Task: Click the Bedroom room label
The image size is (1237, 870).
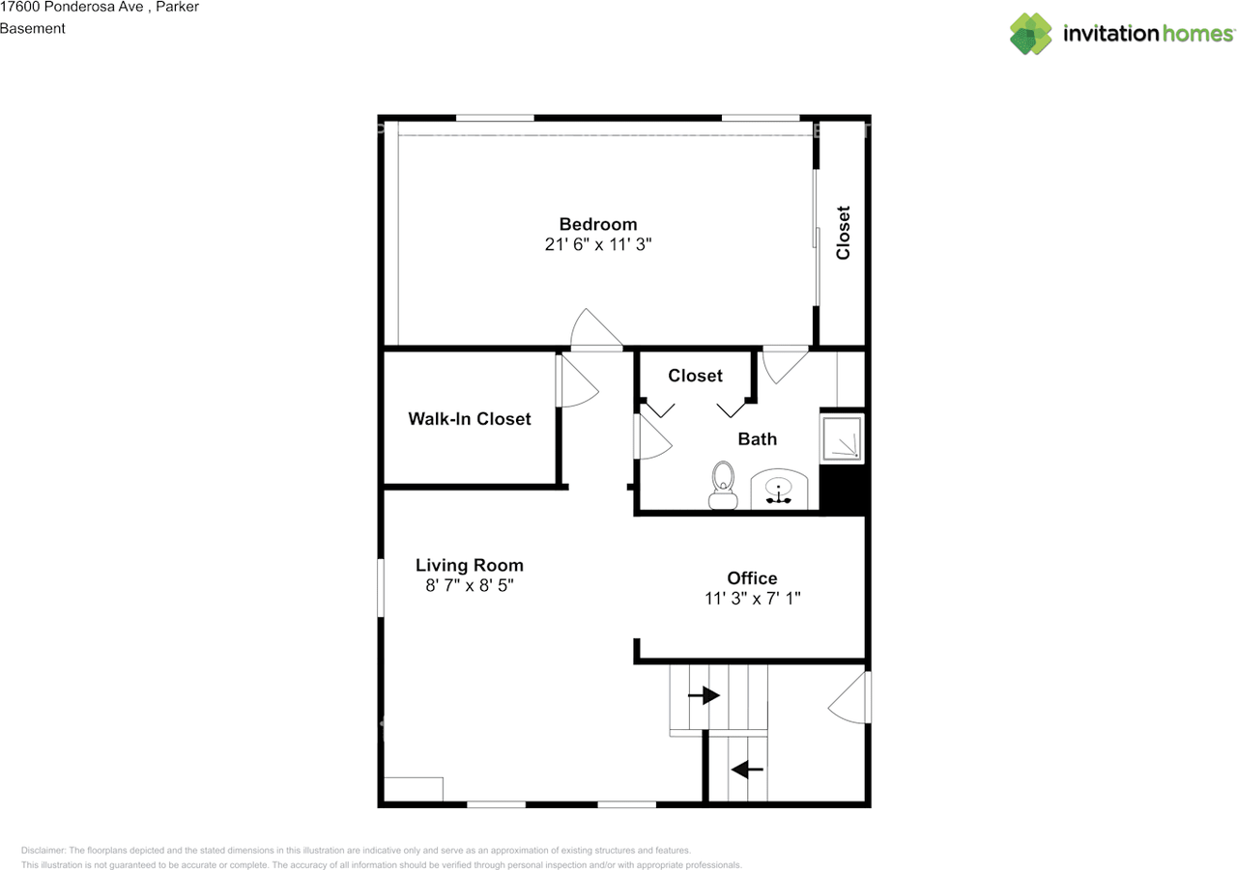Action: (x=598, y=224)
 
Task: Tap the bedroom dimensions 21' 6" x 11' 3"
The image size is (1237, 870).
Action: (x=598, y=244)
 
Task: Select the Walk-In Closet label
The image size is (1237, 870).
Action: (x=470, y=419)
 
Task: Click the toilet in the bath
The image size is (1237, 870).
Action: (x=723, y=485)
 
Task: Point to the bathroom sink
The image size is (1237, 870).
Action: (x=779, y=490)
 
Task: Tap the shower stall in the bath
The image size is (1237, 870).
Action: (x=842, y=438)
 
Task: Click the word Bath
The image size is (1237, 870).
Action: (x=757, y=439)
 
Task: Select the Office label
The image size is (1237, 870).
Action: (x=752, y=578)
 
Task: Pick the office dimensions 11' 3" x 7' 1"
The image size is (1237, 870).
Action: (x=752, y=599)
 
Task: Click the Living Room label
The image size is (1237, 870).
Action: (x=470, y=565)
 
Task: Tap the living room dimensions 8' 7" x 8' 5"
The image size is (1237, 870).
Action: (x=470, y=585)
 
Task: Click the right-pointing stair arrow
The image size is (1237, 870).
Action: (x=704, y=695)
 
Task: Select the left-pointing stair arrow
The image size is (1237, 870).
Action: (x=747, y=769)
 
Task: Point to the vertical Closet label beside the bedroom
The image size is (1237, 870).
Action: (x=843, y=233)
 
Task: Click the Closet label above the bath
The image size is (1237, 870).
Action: (x=695, y=376)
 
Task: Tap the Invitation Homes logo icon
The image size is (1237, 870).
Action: (x=1030, y=34)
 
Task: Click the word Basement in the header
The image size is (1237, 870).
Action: (x=33, y=29)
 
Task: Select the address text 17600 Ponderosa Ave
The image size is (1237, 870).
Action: (x=72, y=7)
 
